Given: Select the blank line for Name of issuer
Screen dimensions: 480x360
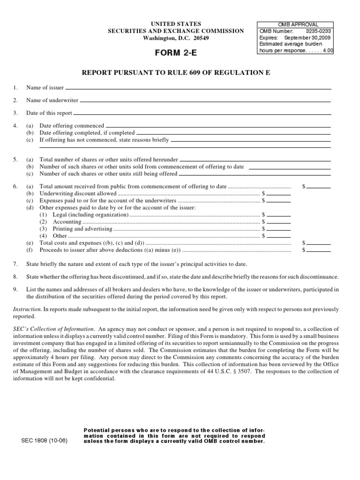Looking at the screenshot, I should (x=198, y=88).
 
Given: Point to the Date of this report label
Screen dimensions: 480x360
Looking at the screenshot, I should (x=49, y=113).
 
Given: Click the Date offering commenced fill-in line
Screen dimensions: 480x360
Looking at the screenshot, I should (x=218, y=126).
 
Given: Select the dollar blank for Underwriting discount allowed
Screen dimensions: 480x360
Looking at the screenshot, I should (x=278, y=194).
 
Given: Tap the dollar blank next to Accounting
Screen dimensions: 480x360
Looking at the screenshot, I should (x=278, y=222).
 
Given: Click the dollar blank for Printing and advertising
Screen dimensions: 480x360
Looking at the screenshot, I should (x=278, y=229).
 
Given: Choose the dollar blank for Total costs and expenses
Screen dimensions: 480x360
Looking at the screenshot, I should (x=319, y=243).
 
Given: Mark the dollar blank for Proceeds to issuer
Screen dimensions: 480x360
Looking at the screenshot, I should (x=319, y=250).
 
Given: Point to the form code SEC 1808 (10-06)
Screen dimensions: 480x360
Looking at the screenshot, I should (x=45, y=441).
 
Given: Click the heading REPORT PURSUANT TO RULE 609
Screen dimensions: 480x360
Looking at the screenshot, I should (x=176, y=73).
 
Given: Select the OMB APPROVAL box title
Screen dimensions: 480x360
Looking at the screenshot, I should (x=295, y=24).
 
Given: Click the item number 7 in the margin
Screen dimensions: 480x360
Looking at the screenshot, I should (x=15, y=264).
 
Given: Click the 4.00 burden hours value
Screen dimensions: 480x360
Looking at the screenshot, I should (x=327, y=50).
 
